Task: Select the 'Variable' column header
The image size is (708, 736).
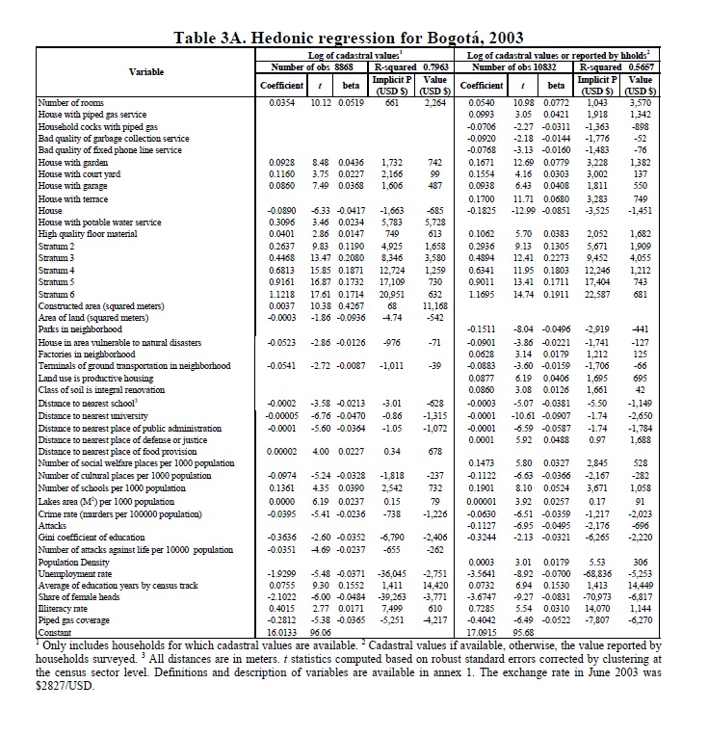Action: (x=145, y=71)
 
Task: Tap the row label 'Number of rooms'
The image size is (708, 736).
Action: (x=67, y=101)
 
